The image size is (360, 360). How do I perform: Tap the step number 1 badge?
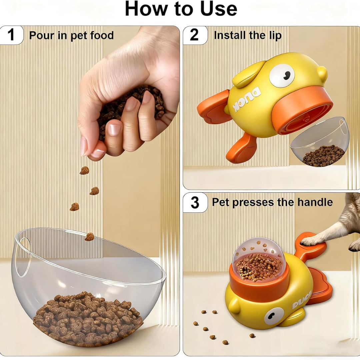coord(11,35)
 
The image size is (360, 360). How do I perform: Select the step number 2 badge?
coord(195,35)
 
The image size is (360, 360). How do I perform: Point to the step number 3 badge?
coord(195,202)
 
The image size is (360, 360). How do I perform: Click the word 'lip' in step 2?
coord(276,36)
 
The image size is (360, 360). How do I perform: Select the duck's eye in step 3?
coord(274,316)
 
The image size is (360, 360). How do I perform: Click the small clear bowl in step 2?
coord(320,142)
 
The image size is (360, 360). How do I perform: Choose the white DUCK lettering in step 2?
coord(247,99)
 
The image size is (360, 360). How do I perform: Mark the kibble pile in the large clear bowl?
coord(88,318)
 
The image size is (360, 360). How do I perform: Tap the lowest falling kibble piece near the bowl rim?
coord(89,236)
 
